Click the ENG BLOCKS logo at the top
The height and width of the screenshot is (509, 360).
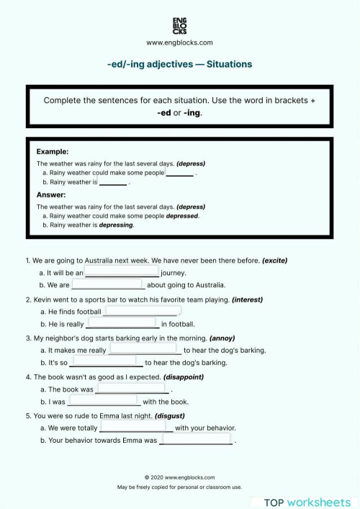click(x=179, y=25)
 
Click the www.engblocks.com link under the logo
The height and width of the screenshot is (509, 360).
click(x=179, y=42)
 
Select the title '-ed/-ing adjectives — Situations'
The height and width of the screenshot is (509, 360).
click(x=179, y=64)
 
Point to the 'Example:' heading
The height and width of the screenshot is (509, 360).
click(x=53, y=152)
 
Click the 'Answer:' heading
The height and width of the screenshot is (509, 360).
click(x=51, y=194)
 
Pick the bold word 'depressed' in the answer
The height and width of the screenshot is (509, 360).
click(x=182, y=215)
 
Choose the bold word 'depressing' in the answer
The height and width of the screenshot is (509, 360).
click(x=116, y=225)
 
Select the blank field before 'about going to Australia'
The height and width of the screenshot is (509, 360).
click(x=107, y=284)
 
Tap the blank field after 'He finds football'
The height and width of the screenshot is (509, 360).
click(x=142, y=311)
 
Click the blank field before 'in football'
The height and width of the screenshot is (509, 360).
click(x=122, y=324)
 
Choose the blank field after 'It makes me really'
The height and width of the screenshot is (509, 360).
click(x=145, y=350)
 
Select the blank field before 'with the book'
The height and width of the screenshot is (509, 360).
click(x=104, y=401)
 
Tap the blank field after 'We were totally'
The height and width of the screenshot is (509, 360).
click(x=136, y=427)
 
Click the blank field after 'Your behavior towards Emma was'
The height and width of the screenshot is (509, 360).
click(x=195, y=439)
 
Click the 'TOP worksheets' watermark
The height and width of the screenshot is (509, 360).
click(x=307, y=502)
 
